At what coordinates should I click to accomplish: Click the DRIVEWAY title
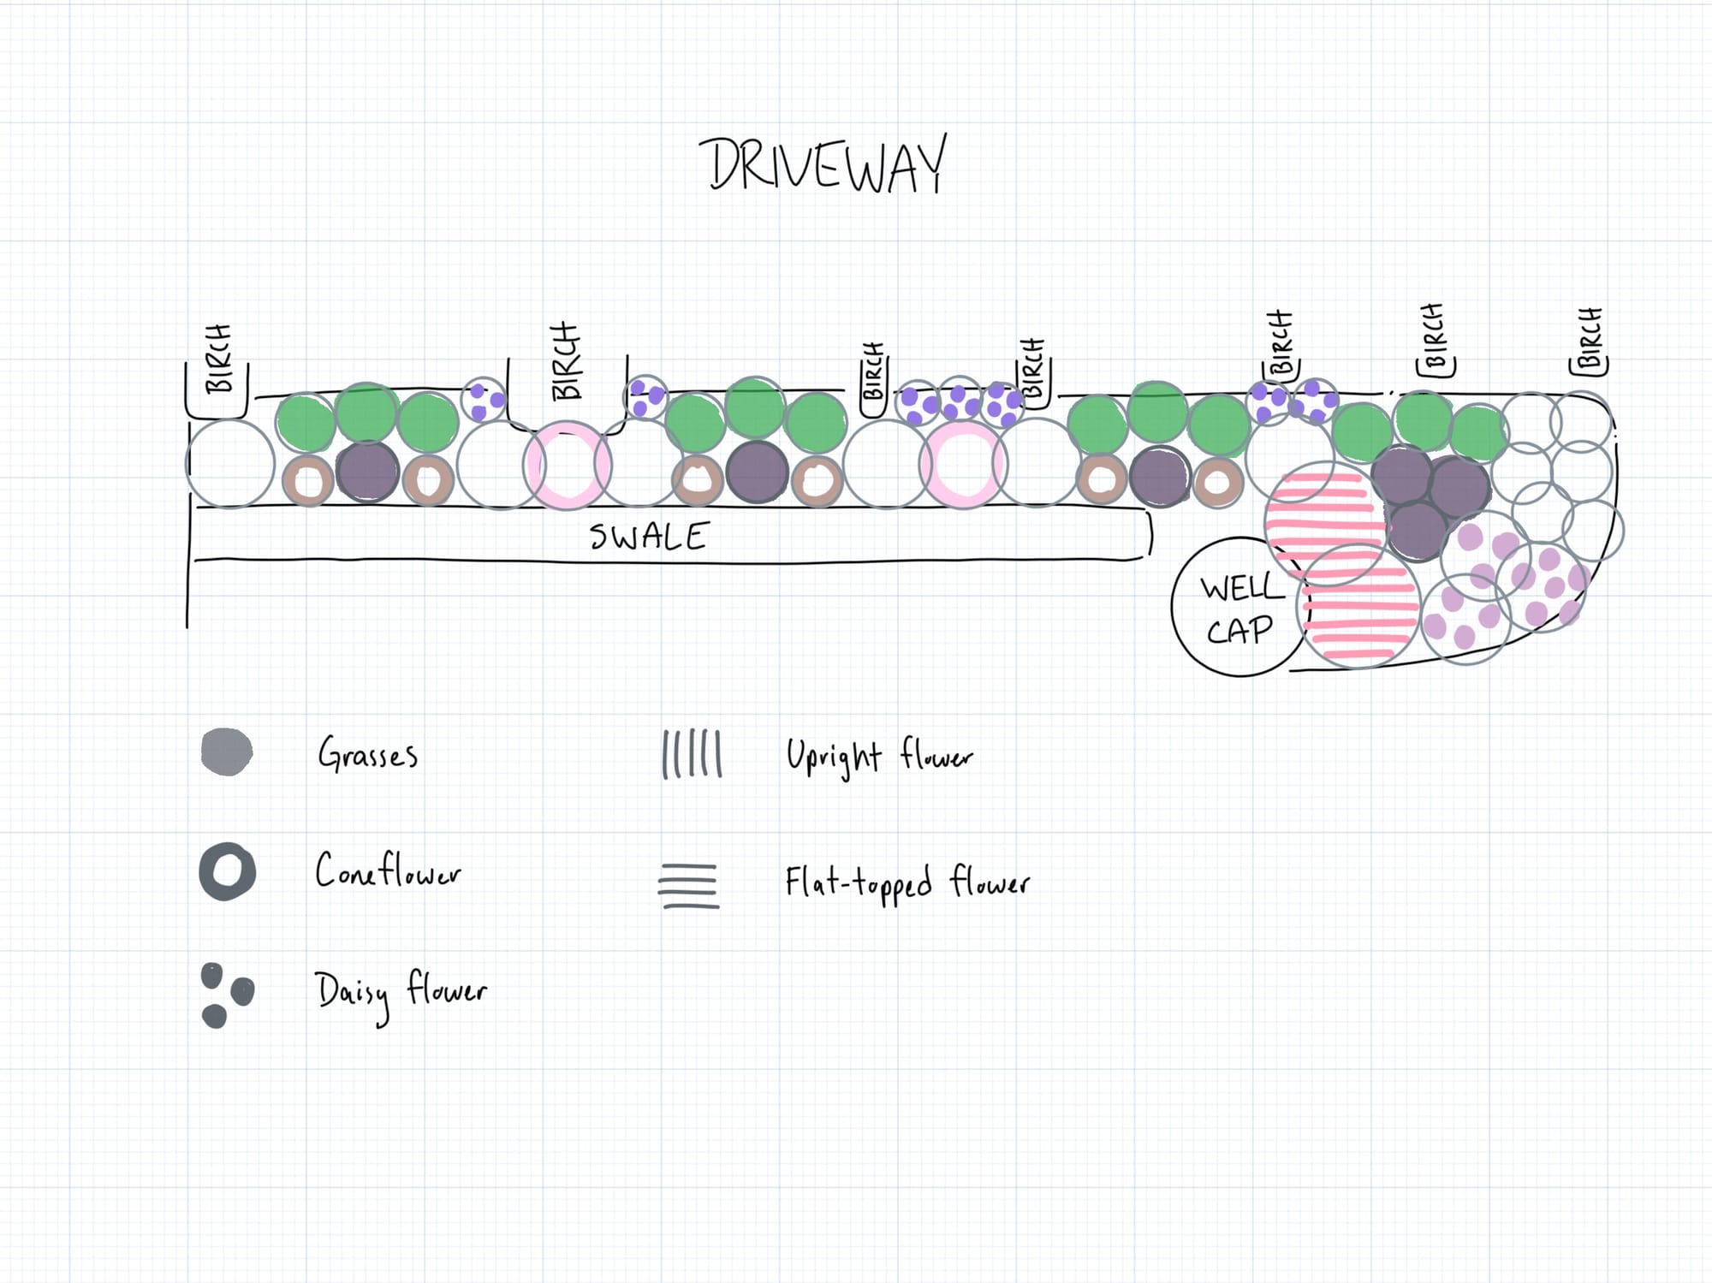click(x=824, y=164)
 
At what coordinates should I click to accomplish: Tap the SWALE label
click(x=649, y=537)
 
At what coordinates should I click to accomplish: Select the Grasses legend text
click(x=368, y=754)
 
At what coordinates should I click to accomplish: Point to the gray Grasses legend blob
click(x=227, y=752)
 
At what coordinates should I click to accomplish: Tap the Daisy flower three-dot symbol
click(x=226, y=995)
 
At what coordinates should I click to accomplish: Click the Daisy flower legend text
click(x=401, y=993)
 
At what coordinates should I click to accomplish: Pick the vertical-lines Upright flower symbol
click(x=692, y=754)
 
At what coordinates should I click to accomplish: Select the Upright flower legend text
click(x=879, y=757)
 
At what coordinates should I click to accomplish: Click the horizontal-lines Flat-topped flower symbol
click(x=688, y=886)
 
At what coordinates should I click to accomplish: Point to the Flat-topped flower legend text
click(x=907, y=882)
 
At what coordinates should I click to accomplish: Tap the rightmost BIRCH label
click(x=1590, y=340)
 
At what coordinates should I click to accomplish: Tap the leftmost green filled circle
click(x=306, y=423)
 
